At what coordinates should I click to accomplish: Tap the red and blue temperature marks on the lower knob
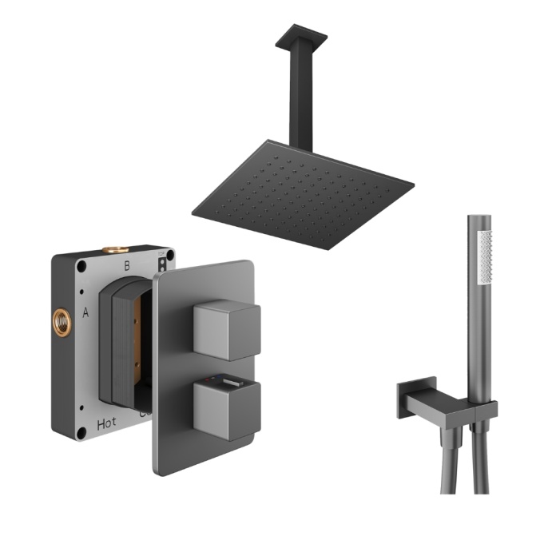tap(209, 383)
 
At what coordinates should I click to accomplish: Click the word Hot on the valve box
tap(106, 424)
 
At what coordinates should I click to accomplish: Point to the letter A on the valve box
tap(86, 314)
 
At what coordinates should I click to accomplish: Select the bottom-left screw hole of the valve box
tap(81, 434)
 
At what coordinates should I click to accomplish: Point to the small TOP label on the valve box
tap(162, 256)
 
